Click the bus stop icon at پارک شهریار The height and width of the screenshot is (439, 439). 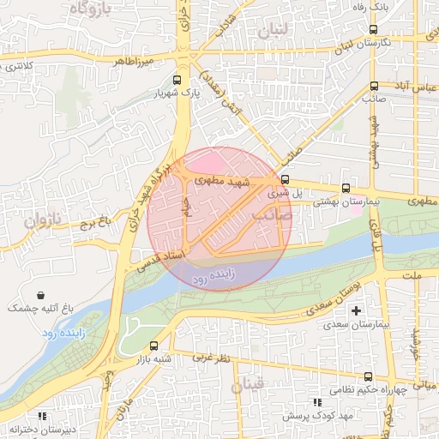tap(177, 85)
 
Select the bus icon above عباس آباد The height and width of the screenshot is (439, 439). tap(374, 85)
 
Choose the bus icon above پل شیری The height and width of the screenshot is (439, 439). tap(286, 179)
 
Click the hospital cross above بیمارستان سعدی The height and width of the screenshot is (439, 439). tap(358, 310)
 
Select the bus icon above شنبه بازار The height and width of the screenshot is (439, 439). tap(153, 346)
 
